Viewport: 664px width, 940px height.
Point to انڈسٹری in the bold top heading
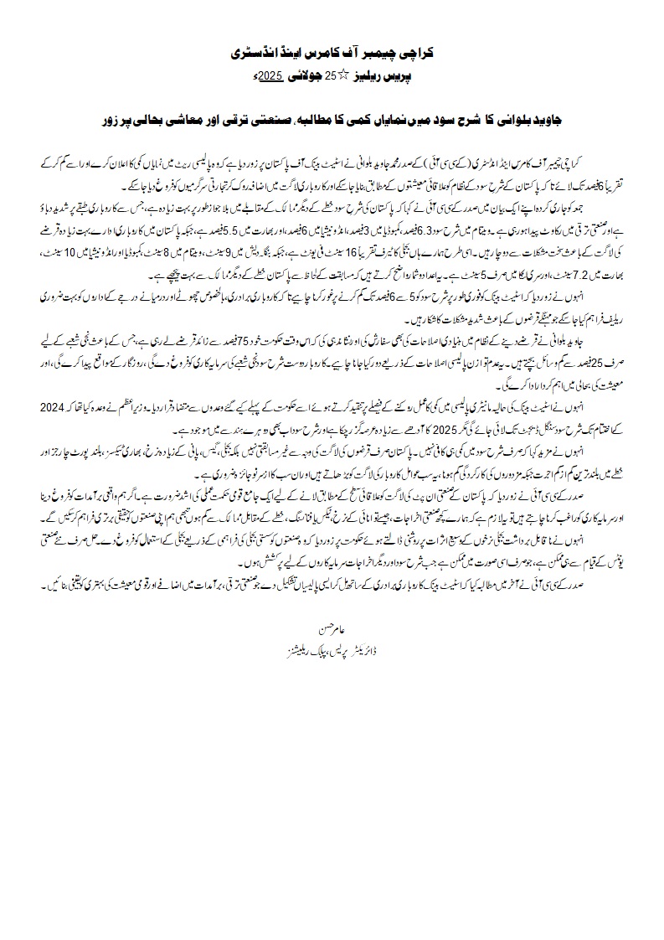point(261,53)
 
